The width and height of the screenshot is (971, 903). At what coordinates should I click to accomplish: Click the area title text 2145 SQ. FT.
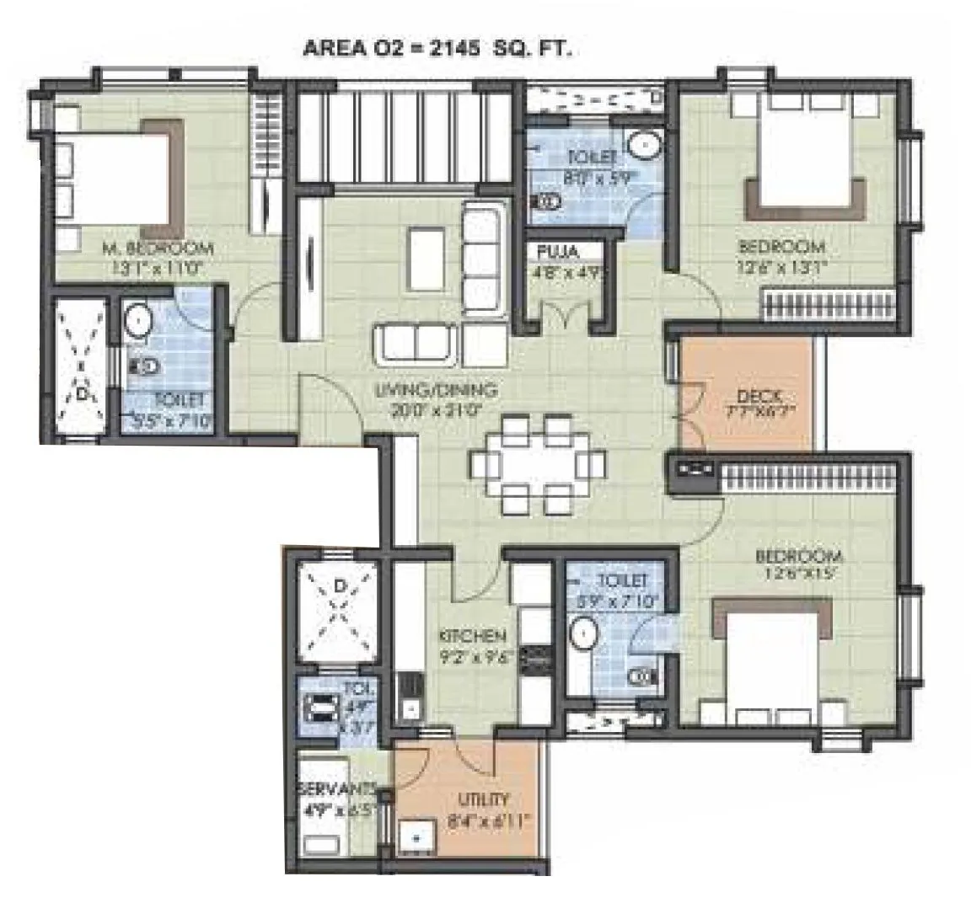437,49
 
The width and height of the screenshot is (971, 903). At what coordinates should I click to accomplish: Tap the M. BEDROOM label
158,248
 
